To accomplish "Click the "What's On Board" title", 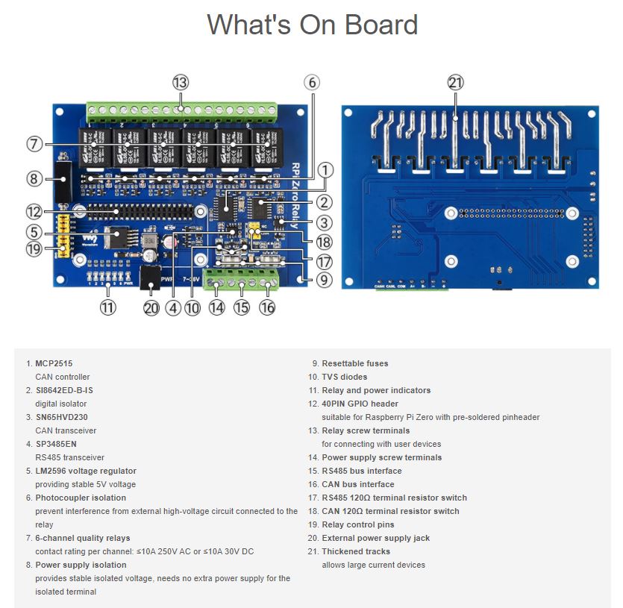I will [x=312, y=25].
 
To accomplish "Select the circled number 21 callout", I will [x=456, y=82].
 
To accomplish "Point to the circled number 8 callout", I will [x=34, y=178].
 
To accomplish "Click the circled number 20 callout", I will [x=151, y=307].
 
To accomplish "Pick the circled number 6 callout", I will [x=312, y=82].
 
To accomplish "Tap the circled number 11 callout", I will [x=108, y=307].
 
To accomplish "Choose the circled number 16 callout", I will [x=266, y=307].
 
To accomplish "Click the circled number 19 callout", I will [x=34, y=249].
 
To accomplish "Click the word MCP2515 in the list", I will [x=54, y=363].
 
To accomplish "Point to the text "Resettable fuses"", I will [x=354, y=363].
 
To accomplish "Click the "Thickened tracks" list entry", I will [x=355, y=551].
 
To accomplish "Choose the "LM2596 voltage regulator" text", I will [x=86, y=471].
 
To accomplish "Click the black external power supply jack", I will [x=151, y=278].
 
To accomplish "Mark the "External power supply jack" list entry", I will [x=375, y=538].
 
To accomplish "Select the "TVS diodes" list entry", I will [x=344, y=377].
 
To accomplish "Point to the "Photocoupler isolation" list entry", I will [x=81, y=498].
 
